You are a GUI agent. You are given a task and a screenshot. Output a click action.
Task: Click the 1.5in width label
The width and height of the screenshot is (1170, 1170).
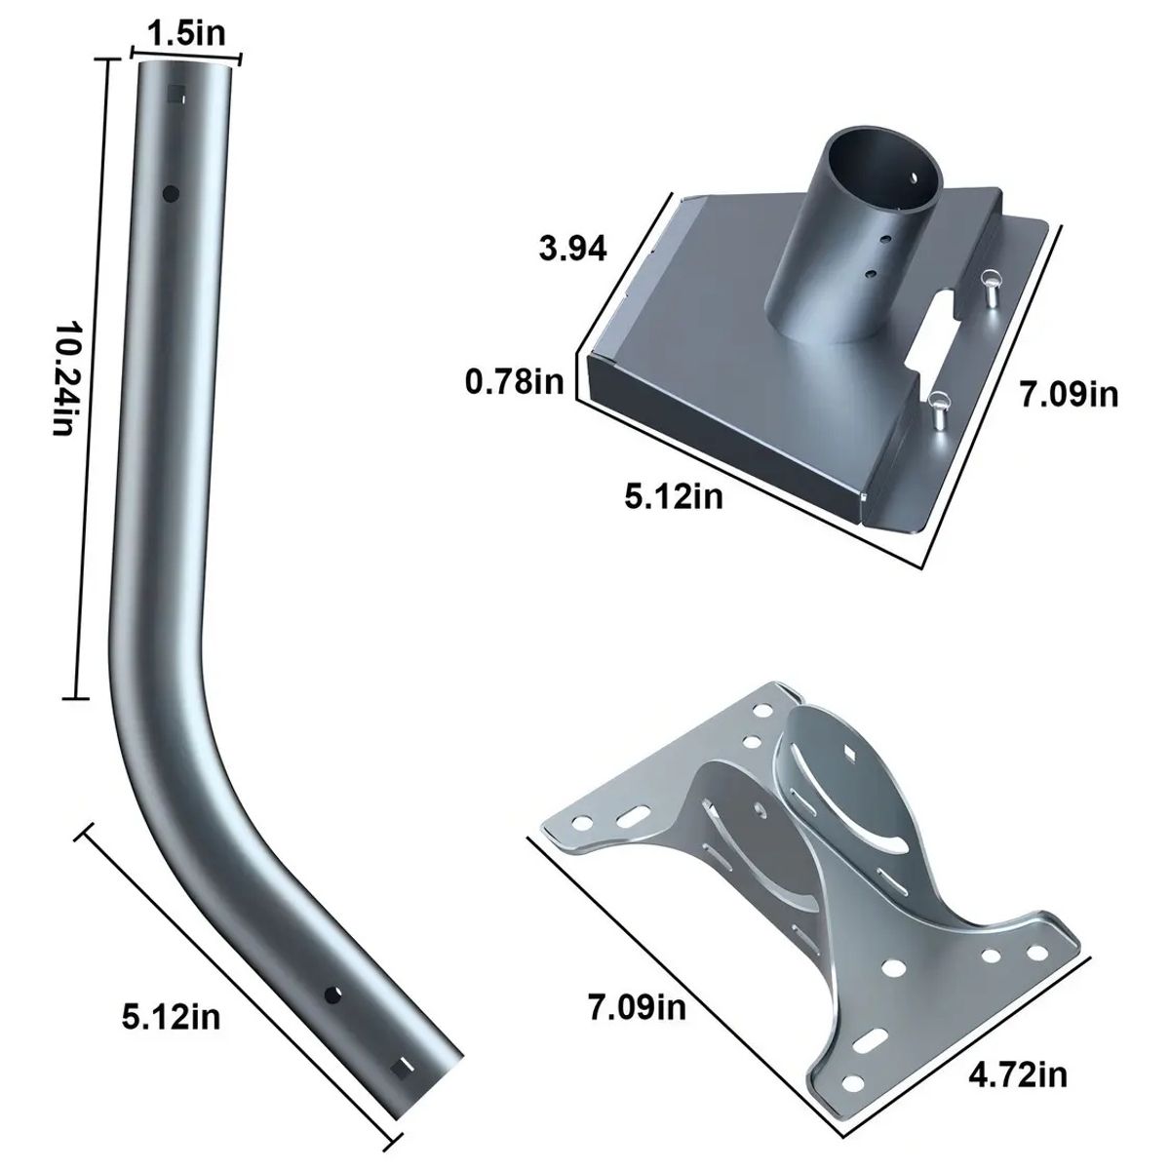[186, 34]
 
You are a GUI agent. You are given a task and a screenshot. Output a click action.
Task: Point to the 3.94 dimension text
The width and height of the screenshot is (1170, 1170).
[572, 250]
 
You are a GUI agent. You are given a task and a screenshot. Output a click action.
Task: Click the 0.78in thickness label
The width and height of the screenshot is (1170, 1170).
[515, 382]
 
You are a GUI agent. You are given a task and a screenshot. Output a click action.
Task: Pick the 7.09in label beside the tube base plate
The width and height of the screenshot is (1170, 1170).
[1069, 395]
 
